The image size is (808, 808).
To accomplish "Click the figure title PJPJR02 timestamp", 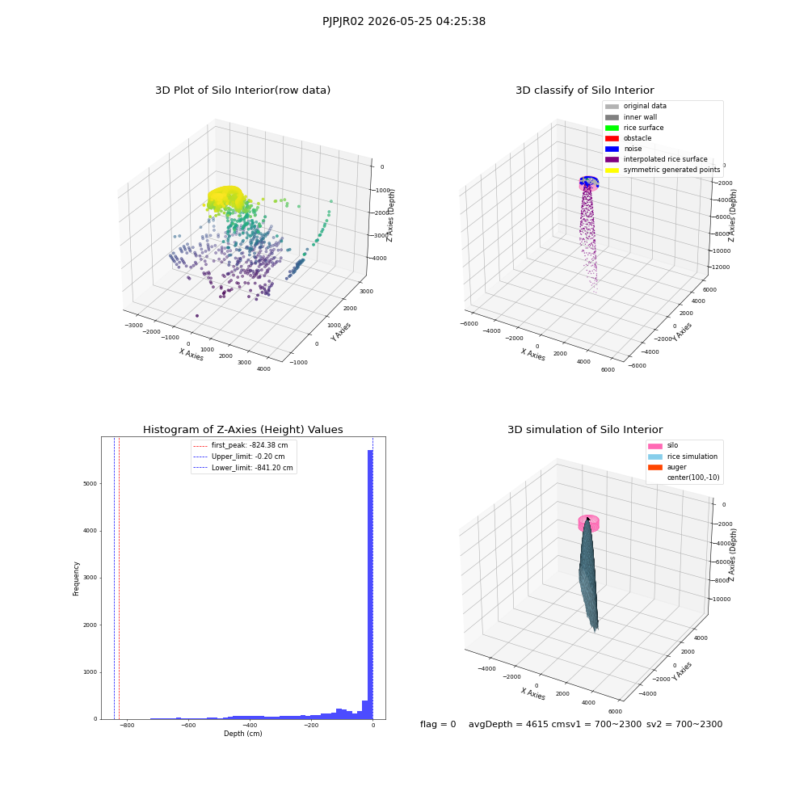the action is coord(403,21).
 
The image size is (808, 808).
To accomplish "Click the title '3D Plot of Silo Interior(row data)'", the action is coord(242,90).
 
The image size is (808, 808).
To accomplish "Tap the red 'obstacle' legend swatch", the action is coord(612,139).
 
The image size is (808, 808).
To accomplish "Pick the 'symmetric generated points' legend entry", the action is coord(663,170).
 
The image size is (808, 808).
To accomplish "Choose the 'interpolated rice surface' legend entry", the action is coord(656,159).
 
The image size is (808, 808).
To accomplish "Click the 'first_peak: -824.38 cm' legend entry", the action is coord(241,445).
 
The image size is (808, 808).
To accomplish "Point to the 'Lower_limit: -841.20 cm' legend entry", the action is coord(243,468).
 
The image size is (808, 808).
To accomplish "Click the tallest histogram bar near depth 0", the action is coord(370,584).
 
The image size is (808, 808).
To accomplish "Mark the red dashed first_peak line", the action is coord(119,578).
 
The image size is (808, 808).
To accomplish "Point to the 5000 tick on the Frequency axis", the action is coord(90,483).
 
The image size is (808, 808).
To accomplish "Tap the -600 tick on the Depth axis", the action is coord(188,725).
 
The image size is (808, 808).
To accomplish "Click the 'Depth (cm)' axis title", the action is coord(243,734).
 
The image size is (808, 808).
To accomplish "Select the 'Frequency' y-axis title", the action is coord(76,579).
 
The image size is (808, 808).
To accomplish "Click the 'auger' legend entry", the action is coord(667,467).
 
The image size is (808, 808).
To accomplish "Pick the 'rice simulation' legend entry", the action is coord(682,457).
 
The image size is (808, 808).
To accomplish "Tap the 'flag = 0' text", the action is coord(438,724).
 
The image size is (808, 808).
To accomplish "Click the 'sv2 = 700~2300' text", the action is coord(684,724).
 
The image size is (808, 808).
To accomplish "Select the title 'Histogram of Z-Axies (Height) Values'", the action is coord(242,430).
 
